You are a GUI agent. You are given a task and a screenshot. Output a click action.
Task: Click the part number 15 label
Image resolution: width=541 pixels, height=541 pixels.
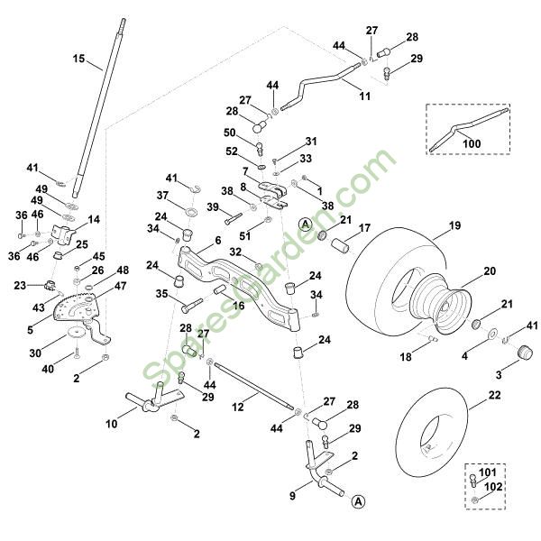click(x=78, y=59)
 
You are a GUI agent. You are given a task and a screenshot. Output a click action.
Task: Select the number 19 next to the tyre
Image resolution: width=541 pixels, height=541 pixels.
click(x=454, y=225)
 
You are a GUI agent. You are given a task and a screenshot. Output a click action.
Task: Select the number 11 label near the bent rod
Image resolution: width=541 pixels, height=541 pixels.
click(x=364, y=96)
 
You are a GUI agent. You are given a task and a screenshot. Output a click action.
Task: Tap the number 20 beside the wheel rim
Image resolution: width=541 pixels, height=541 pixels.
click(x=490, y=270)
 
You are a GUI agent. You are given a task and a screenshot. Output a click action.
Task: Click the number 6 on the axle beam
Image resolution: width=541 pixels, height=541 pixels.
click(x=217, y=242)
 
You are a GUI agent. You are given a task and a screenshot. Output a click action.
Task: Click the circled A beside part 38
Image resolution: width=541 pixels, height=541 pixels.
click(x=306, y=222)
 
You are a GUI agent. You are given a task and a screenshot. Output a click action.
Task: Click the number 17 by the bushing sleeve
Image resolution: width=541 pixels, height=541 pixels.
click(x=364, y=228)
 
